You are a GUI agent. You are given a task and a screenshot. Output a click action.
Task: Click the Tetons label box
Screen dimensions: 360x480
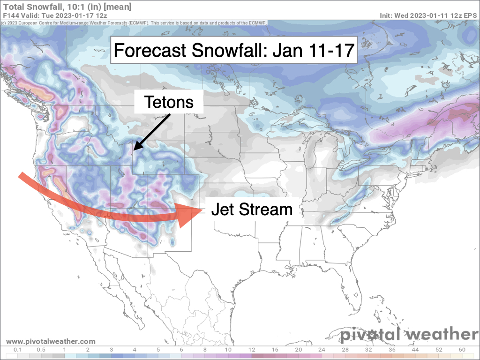tap(169, 102)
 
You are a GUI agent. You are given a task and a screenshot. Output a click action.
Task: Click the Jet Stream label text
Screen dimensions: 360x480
tap(252, 210)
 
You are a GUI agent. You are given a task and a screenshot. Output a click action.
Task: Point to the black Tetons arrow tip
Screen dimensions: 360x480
tap(134, 150)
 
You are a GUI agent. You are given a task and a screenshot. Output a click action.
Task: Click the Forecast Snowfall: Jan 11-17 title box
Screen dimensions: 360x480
tap(233, 50)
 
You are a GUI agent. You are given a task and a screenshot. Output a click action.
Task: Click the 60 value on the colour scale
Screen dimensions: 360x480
tap(462, 350)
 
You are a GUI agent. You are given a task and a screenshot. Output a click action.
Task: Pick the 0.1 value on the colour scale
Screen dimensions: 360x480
tap(18, 350)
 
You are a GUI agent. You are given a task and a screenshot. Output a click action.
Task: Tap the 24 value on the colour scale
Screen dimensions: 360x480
tap(321, 350)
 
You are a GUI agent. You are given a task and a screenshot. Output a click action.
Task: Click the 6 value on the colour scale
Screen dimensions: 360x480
tap(181, 350)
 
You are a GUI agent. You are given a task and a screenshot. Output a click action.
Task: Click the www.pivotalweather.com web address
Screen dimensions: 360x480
tap(51, 342)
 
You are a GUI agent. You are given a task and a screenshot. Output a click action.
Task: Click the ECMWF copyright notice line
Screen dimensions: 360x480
tap(141, 22)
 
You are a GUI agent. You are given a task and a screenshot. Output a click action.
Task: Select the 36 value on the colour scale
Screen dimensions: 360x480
tap(391, 350)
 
